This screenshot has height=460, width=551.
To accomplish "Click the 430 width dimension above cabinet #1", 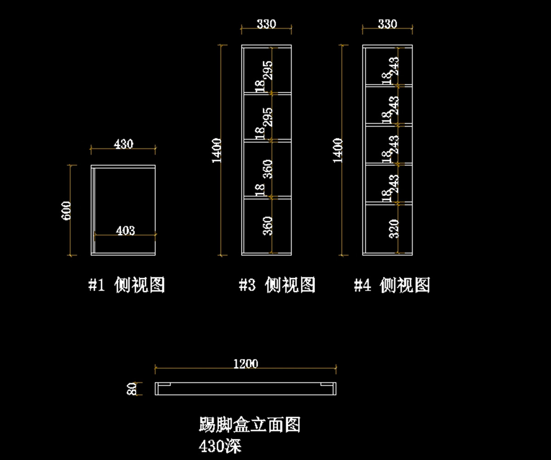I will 124,144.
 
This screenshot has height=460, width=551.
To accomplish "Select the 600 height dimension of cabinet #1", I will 67,210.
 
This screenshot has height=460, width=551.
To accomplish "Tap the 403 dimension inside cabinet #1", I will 125,230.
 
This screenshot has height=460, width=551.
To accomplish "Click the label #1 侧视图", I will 126,286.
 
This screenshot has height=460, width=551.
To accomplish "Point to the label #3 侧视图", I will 277,286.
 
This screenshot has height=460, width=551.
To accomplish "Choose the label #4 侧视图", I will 392,286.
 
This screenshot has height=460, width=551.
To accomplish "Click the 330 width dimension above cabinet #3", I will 266,24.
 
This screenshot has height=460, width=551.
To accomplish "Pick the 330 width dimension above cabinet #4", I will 387,24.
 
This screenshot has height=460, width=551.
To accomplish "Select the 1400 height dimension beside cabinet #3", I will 218,150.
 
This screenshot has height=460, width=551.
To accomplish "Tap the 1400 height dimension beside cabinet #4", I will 338,150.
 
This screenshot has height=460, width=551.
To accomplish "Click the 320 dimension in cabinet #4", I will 394,229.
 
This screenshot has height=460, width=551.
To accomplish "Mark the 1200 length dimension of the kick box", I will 246,364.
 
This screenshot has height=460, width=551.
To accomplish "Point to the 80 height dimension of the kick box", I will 132,389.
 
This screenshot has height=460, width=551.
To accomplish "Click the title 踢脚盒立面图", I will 249,425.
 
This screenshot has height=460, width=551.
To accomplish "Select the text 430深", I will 220,446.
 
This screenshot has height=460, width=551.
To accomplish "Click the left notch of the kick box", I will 163,385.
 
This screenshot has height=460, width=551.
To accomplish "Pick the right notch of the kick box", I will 328,385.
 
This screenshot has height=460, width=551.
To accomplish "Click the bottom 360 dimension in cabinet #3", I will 268,226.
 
